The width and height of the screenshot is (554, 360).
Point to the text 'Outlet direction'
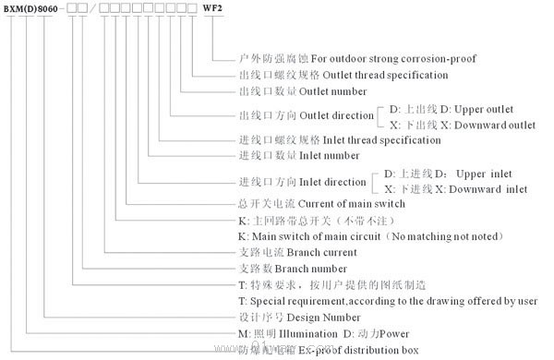click(332, 115)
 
